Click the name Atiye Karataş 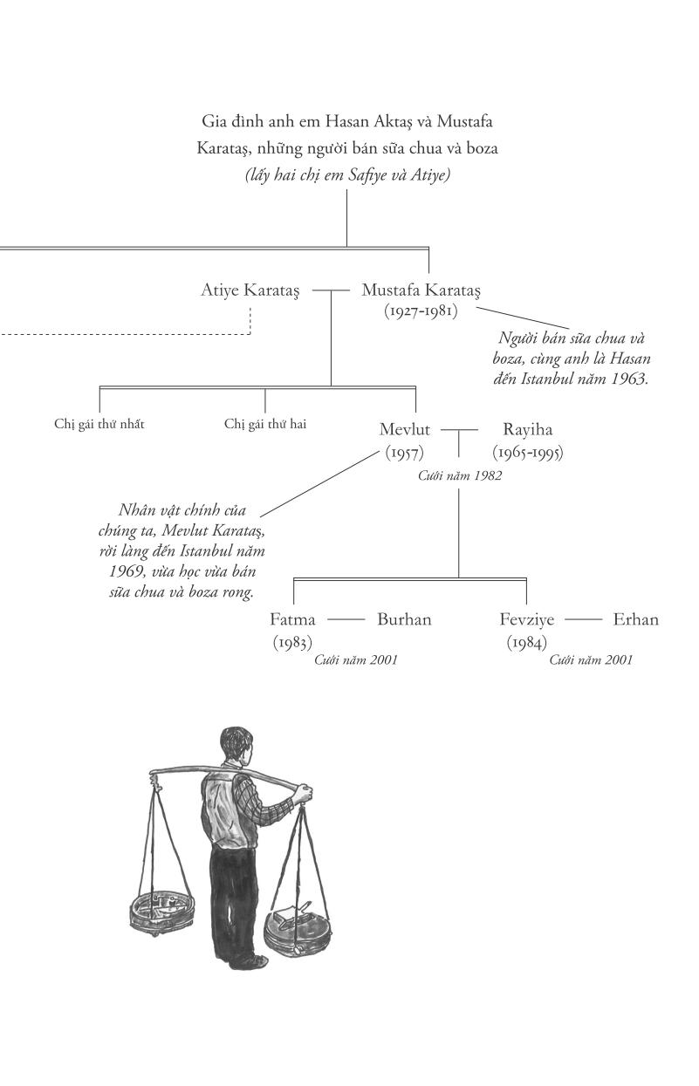(250, 290)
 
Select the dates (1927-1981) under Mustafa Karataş (421, 311)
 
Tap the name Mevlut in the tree (405, 429)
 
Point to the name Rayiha (527, 429)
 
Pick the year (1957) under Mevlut (405, 453)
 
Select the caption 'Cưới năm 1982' (460, 475)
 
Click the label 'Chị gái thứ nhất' (99, 425)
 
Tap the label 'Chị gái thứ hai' (265, 425)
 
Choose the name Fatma (293, 620)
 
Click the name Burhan (404, 620)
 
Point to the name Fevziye (528, 620)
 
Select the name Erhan (635, 620)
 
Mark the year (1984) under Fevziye (527, 643)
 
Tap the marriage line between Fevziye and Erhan (584, 620)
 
